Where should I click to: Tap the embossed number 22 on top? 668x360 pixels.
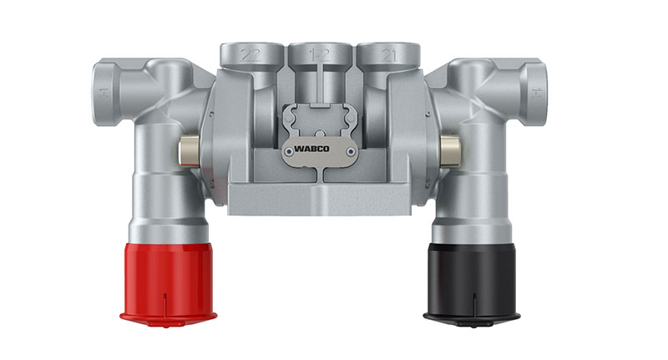pos(249,53)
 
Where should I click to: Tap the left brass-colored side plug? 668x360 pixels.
pos(189,150)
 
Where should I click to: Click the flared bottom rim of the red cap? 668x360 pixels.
pos(169,316)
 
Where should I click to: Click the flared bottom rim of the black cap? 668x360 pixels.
pos(471,316)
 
